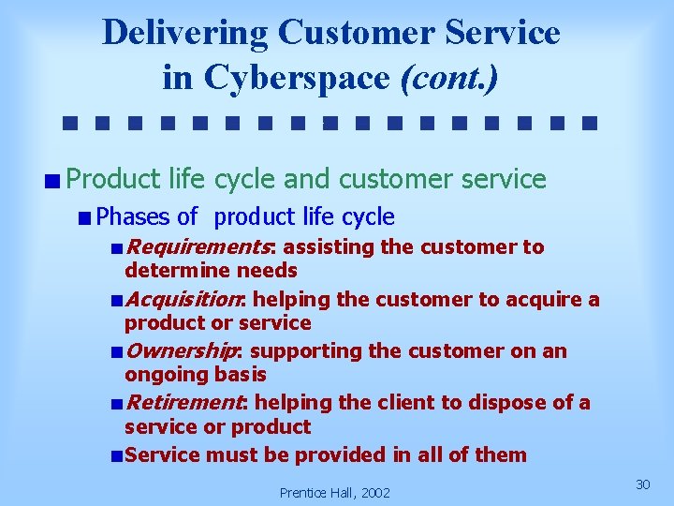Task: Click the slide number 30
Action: (642, 484)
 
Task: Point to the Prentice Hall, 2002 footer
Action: (335, 492)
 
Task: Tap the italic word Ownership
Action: (182, 351)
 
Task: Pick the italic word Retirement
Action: (183, 403)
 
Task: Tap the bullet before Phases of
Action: (85, 217)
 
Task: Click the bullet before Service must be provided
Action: (115, 456)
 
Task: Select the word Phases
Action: (133, 217)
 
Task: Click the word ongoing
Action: (165, 375)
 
